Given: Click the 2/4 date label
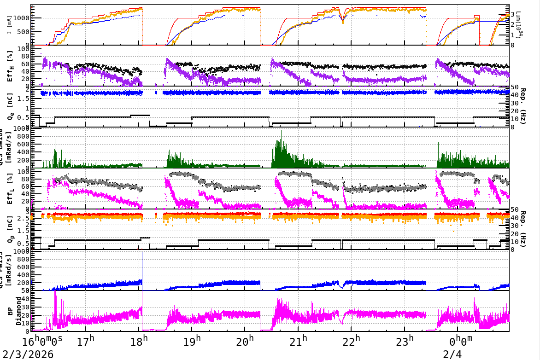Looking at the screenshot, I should pyautogui.click(x=452, y=354).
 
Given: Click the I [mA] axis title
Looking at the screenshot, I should pyautogui.click(x=10, y=26).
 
